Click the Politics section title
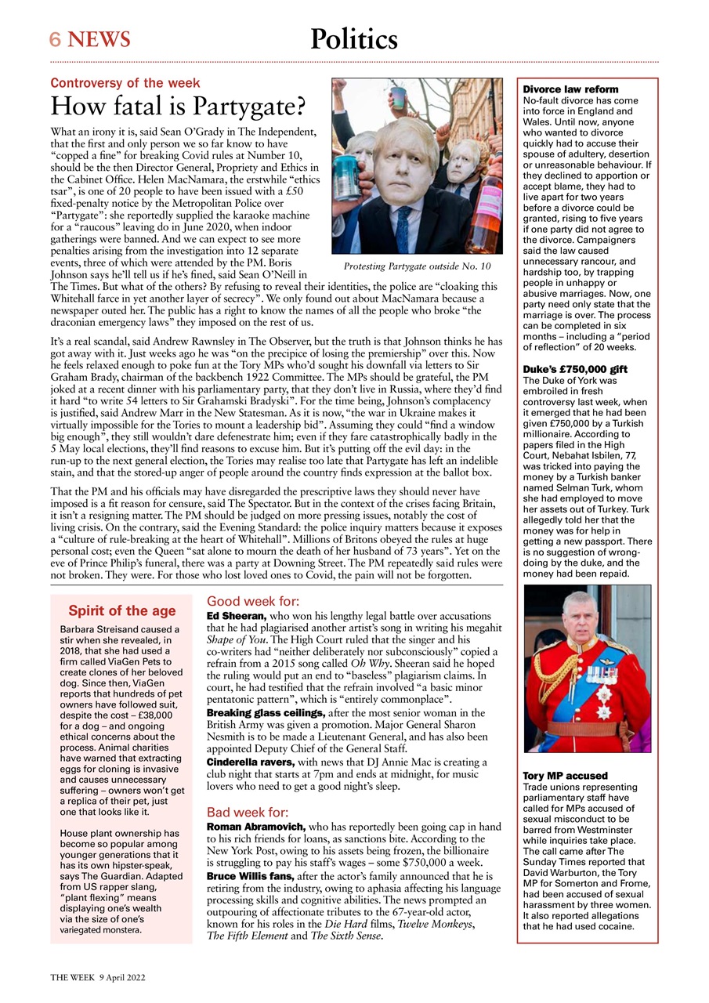[x=353, y=39]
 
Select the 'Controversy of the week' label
[x=125, y=83]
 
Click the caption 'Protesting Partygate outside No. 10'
[x=417, y=266]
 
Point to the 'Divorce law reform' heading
[x=570, y=89]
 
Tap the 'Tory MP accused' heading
[x=565, y=776]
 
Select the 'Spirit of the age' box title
[x=122, y=611]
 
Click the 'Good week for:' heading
[x=253, y=602]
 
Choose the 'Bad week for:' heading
[x=248, y=812]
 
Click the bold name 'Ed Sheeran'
[x=236, y=617]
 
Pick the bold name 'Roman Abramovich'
[x=255, y=827]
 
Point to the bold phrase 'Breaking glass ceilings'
[x=265, y=713]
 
